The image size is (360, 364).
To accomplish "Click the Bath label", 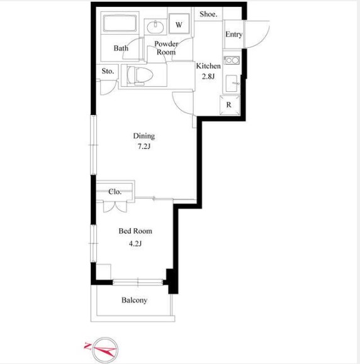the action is tap(121, 48).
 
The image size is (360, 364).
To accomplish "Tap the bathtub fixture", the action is tap(120, 23).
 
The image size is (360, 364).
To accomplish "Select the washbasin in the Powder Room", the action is tap(155, 26).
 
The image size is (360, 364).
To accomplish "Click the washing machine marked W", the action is tap(179, 23).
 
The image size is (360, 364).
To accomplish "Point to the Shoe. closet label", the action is tap(208, 14).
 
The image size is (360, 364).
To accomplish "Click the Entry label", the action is tap(233, 35).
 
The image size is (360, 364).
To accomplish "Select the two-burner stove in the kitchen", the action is tap(232, 60).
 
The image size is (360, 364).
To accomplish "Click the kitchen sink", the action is tap(232, 83).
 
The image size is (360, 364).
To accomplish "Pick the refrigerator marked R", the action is tap(229, 105).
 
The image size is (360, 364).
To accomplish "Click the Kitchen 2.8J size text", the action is tap(208, 76).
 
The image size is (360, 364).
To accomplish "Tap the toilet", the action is tap(140, 75).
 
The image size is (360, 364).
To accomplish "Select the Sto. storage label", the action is tap(108, 71).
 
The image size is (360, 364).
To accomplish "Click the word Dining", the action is tap(144, 136).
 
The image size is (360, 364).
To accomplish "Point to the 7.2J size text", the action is tap(144, 146).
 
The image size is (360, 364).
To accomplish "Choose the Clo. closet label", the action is tap(115, 192).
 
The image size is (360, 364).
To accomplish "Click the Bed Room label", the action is tap(135, 231).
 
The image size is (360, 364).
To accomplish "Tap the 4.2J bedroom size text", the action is tap(135, 243).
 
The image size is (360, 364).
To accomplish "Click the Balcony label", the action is tap(134, 300).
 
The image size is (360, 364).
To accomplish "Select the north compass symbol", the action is tap(102, 349).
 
